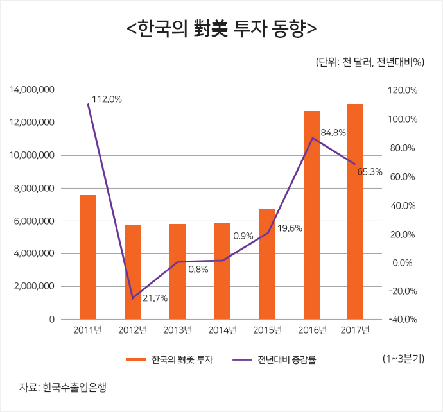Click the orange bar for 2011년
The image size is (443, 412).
(87, 257)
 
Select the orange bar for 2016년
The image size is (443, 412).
(312, 215)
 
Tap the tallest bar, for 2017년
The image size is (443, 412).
(355, 211)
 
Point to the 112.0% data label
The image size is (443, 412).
(107, 99)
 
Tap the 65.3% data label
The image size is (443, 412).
(369, 171)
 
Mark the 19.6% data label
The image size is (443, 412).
(290, 228)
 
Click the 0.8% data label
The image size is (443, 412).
(198, 269)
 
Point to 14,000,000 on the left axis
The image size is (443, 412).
(31, 90)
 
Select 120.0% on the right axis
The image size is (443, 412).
(404, 90)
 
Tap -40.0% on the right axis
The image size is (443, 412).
(404, 319)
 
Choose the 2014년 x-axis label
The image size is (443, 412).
(222, 330)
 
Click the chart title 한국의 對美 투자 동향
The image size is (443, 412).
(221, 30)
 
